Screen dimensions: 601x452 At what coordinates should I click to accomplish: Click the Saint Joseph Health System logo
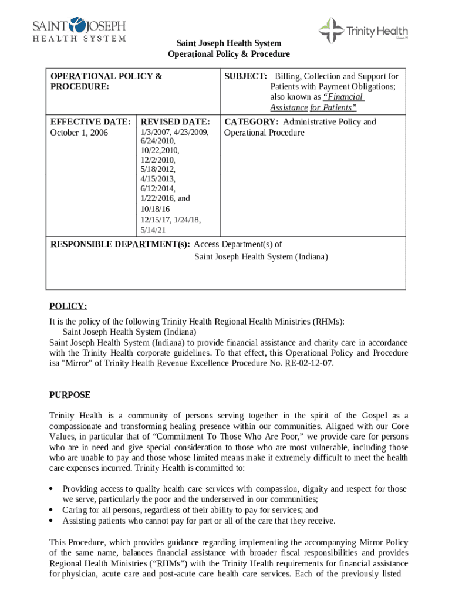(79, 29)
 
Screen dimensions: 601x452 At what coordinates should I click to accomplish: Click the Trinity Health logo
(363, 31)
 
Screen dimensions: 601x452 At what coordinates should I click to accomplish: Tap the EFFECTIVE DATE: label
(90, 122)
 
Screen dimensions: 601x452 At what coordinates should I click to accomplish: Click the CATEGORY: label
(251, 122)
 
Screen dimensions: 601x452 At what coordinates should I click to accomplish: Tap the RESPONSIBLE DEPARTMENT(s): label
(120, 244)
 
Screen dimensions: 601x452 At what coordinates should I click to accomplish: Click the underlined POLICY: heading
(68, 306)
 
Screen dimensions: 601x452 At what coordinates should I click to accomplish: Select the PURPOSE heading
(70, 395)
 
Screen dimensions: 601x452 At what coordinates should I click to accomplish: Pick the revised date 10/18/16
(155, 209)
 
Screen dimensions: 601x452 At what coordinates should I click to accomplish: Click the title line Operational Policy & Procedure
(229, 54)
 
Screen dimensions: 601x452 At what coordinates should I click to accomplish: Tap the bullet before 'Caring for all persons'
(52, 510)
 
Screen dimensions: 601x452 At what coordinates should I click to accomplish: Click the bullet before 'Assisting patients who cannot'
(52, 521)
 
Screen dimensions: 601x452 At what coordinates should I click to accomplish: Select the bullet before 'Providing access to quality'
(52, 489)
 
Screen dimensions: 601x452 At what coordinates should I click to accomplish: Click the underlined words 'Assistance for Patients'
(313, 108)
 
